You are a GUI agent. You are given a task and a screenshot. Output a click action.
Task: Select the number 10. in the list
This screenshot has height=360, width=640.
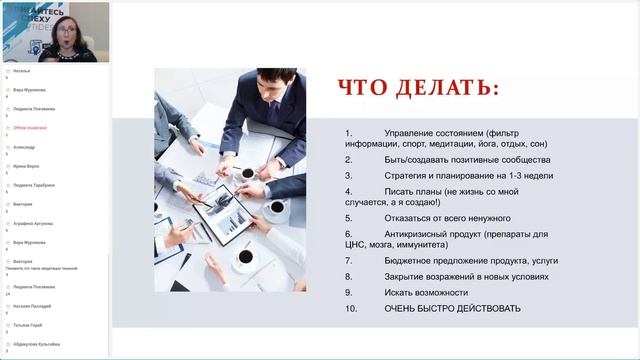351,308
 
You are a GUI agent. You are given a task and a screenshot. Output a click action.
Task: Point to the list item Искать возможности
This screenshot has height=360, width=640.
426,292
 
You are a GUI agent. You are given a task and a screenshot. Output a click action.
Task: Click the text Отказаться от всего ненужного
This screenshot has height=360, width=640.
447,217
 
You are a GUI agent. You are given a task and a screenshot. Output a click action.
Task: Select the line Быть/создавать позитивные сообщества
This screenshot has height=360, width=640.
467,159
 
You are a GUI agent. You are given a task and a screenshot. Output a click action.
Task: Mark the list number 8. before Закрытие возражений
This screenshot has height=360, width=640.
349,276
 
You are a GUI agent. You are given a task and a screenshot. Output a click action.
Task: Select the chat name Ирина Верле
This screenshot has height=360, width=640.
26,166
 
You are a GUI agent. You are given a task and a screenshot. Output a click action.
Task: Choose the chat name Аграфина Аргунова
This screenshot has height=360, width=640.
33,223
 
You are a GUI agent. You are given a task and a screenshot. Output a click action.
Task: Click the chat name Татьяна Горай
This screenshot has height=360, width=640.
27,325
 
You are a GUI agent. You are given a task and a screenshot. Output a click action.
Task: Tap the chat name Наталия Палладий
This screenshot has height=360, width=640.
32,306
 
